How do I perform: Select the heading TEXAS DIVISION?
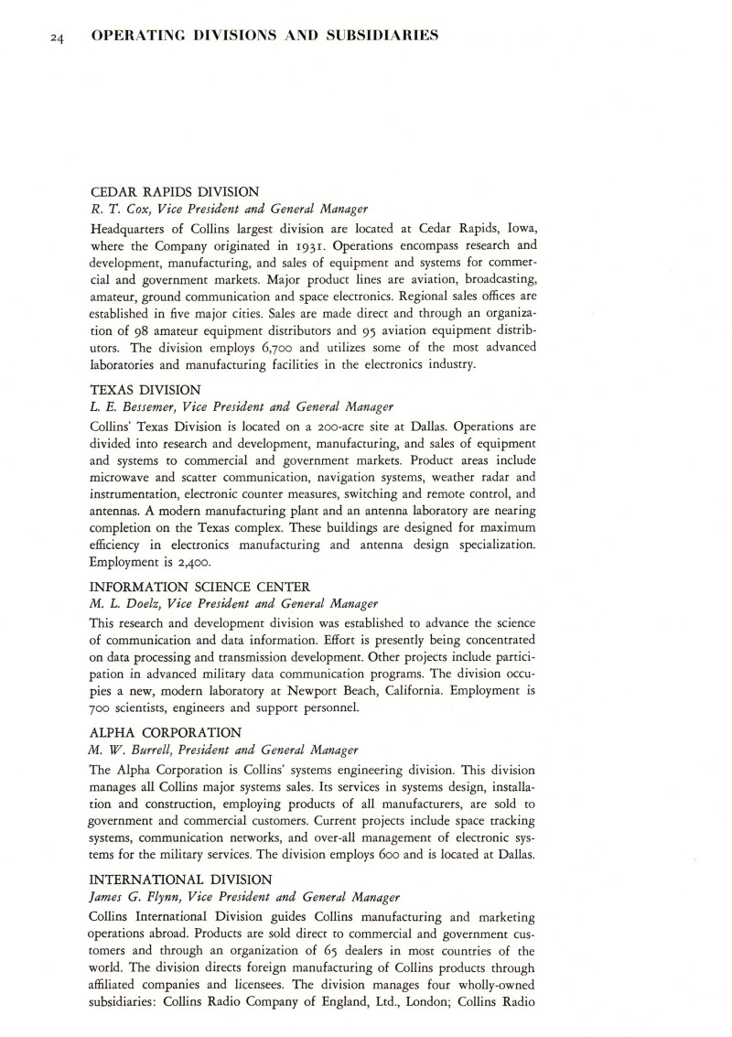tap(146, 389)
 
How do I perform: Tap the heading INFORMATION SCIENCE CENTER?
tap(200, 586)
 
